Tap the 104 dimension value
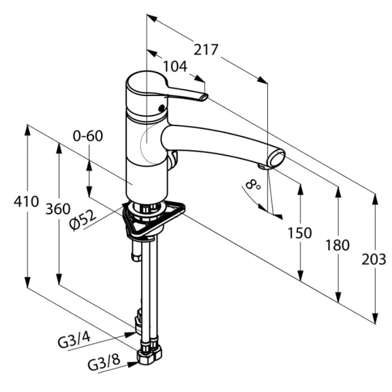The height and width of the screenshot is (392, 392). coord(175,66)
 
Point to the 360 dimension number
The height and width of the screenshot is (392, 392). coord(57,210)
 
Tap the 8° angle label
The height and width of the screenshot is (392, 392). coord(253,185)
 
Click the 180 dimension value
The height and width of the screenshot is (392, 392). coord(337,246)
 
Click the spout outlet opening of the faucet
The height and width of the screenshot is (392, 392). coord(278,159)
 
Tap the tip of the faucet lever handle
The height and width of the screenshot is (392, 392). coord(204,98)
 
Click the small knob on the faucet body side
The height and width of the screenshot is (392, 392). coord(174,159)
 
